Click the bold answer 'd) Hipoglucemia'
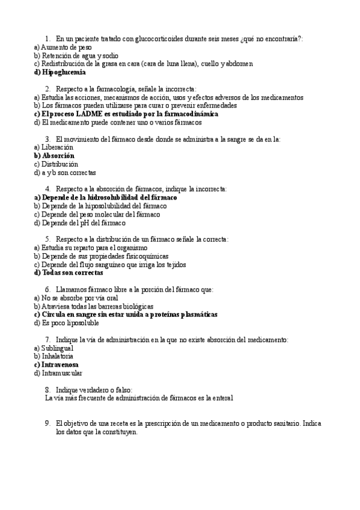[x=60, y=72]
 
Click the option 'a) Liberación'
[x=53, y=147]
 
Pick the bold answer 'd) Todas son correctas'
[x=65, y=272]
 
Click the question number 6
[x=47, y=289]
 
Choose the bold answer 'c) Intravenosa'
[x=56, y=364]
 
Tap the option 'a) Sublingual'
[x=53, y=348]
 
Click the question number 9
[x=47, y=423]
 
